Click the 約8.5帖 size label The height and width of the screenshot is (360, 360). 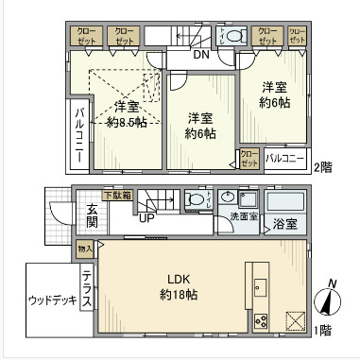point(127,122)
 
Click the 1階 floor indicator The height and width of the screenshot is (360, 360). point(323,331)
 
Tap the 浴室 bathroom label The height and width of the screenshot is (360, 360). point(284,225)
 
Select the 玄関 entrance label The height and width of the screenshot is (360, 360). point(92,215)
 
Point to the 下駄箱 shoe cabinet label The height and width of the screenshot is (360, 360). point(118,196)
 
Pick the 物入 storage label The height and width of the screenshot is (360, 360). point(85,248)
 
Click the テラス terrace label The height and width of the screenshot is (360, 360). point(86,287)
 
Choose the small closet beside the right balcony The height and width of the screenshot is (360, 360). point(249,158)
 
